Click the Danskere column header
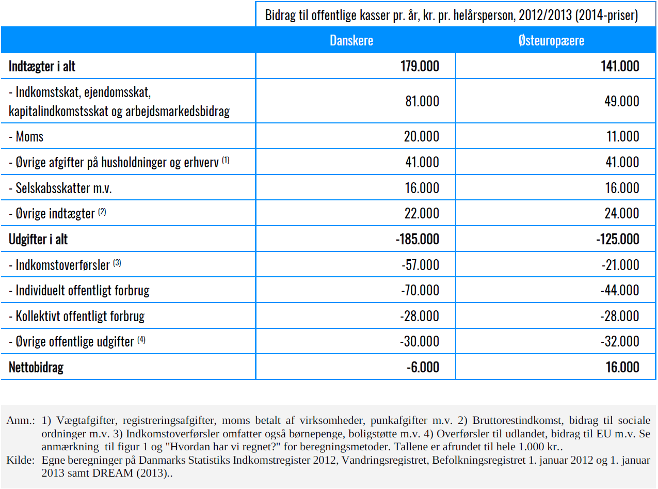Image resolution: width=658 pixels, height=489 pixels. [351, 40]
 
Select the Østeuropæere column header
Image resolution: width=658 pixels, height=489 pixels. [551, 41]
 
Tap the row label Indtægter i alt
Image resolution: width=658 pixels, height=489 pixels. [42, 66]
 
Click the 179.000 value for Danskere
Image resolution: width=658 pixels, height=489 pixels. [420, 66]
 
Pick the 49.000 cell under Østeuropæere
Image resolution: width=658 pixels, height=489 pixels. [622, 101]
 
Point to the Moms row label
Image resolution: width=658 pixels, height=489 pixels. [26, 136]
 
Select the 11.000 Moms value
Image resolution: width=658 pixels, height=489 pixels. [623, 136]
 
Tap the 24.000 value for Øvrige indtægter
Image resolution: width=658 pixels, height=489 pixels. [622, 213]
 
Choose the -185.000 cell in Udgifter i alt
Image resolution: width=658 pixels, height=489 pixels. [418, 239]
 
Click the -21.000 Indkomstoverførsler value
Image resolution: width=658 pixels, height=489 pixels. [620, 265]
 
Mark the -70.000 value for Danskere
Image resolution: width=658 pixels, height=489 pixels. [420, 290]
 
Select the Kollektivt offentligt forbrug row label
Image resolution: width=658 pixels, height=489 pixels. [77, 316]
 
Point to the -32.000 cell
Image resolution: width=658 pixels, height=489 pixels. [620, 342]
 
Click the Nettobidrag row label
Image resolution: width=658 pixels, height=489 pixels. [36, 368]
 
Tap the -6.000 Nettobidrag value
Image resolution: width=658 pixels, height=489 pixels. [423, 367]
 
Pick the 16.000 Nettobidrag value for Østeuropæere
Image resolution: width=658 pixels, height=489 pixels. [622, 367]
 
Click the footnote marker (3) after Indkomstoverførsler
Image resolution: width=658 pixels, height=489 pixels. [117, 263]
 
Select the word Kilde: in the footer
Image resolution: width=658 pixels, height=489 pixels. [21, 460]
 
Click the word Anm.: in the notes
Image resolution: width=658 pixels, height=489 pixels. [21, 420]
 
